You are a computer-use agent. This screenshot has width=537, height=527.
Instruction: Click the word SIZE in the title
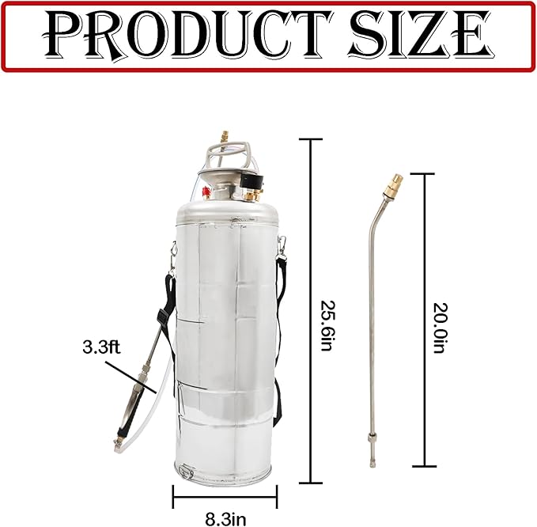click(418, 36)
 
